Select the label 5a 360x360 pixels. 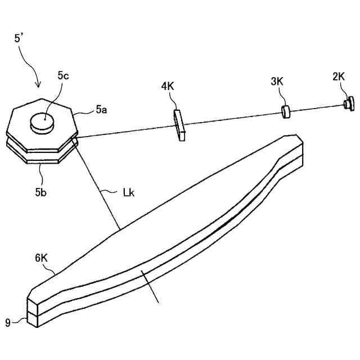tap(101, 110)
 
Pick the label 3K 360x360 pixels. tap(277, 82)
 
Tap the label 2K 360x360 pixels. tap(339, 76)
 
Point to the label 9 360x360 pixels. tap(8, 322)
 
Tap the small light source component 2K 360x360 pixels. tap(349, 102)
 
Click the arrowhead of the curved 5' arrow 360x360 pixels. tap(38, 85)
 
